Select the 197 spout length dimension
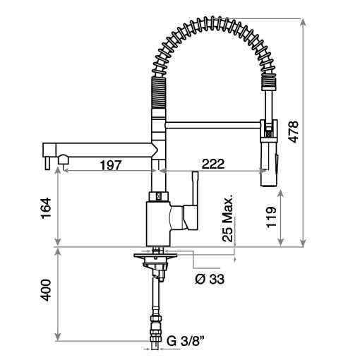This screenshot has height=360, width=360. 109,164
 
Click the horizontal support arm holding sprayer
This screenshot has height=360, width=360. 212,126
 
